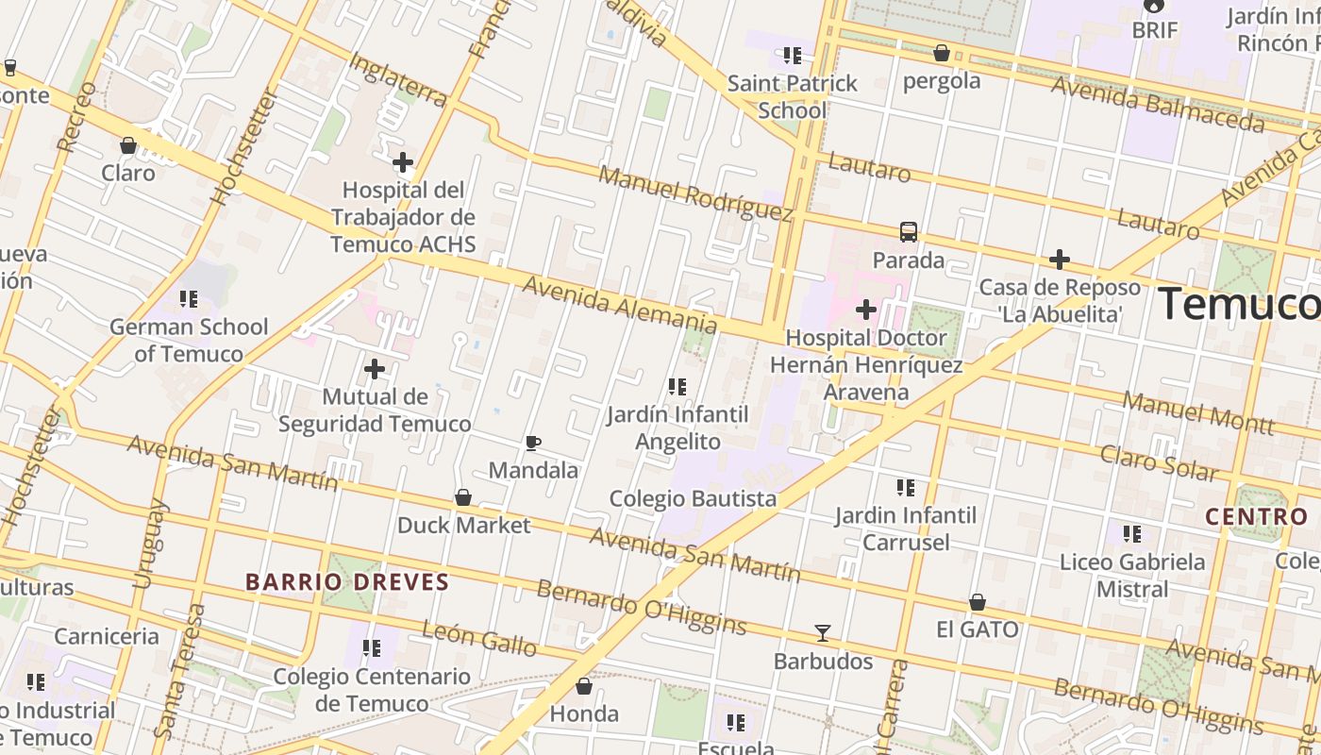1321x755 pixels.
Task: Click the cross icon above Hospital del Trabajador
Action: tap(403, 162)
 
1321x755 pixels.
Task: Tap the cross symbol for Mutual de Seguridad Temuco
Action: tap(375, 369)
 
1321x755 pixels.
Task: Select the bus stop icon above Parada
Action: tap(908, 232)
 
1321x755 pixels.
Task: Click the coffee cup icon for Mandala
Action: tap(533, 443)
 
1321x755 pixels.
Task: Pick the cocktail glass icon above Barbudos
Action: tap(823, 633)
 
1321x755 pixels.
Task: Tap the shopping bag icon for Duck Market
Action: tap(463, 497)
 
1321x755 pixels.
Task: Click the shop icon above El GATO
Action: tap(978, 602)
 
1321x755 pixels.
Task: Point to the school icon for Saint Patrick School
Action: tap(793, 56)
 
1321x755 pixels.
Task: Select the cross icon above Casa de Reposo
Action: tap(1060, 260)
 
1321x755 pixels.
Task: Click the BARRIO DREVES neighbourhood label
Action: tap(347, 581)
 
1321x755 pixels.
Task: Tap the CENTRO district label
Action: tap(1257, 517)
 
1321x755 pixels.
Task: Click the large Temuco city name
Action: tap(1238, 304)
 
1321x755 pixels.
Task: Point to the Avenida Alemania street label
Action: tap(619, 304)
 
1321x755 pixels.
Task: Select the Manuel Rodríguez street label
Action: tap(694, 193)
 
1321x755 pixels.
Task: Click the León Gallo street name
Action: tap(479, 639)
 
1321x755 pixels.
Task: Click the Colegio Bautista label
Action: tap(693, 498)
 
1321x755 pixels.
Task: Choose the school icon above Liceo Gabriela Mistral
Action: tap(1132, 535)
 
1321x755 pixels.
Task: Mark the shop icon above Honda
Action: tap(584, 686)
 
